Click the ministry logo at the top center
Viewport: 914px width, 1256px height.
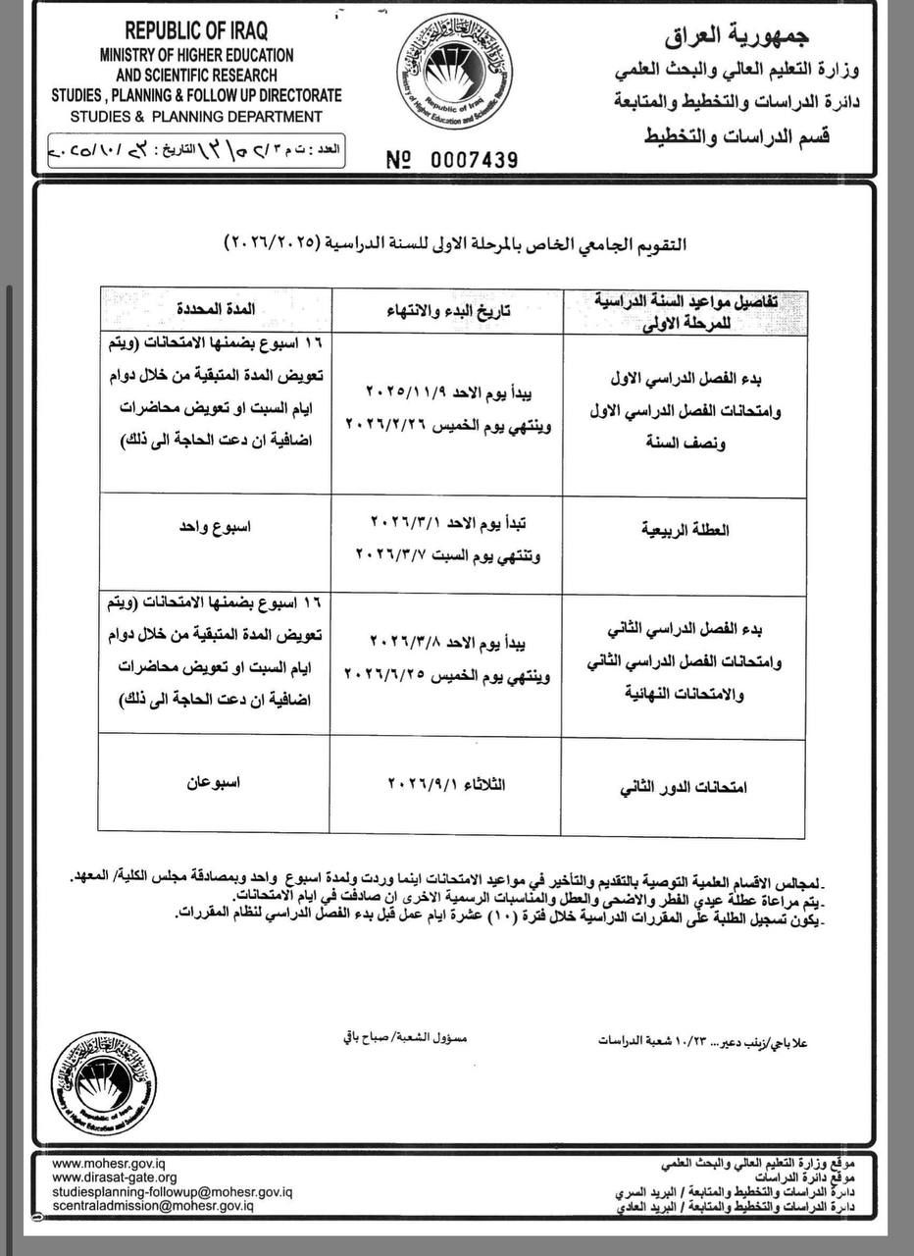pos(457,78)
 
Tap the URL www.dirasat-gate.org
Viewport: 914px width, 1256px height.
pos(114,1177)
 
